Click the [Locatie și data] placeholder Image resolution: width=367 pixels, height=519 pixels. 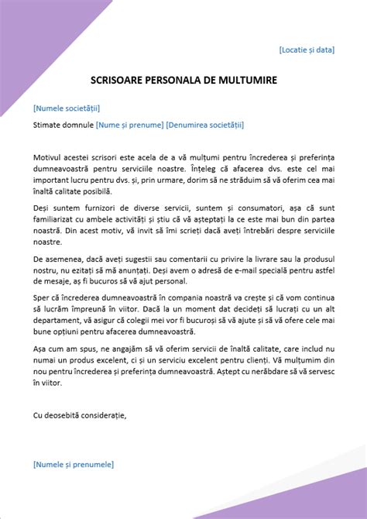pyautogui.click(x=307, y=50)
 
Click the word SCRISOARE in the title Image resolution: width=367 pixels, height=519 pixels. pyautogui.click(x=115, y=79)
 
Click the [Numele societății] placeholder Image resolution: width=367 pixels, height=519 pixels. pyautogui.click(x=67, y=108)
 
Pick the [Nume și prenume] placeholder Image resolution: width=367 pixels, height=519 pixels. pyautogui.click(x=129, y=124)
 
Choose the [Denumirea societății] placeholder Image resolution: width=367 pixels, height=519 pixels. pyautogui.click(x=205, y=124)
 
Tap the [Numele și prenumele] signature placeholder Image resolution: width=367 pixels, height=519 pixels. pyautogui.click(x=74, y=464)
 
